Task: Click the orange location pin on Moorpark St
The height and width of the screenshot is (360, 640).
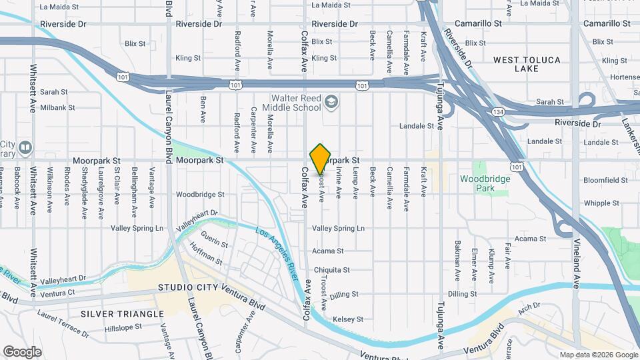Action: pyautogui.click(x=321, y=159)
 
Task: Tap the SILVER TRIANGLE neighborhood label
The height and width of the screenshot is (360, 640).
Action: pyautogui.click(x=122, y=313)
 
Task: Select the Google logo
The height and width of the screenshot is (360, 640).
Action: pyautogui.click(x=22, y=351)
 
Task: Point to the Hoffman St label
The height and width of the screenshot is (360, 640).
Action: pyautogui.click(x=205, y=255)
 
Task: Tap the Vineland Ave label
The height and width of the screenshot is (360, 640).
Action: pyautogui.click(x=577, y=263)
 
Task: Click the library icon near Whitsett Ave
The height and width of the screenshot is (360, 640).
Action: pyautogui.click(x=25, y=146)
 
